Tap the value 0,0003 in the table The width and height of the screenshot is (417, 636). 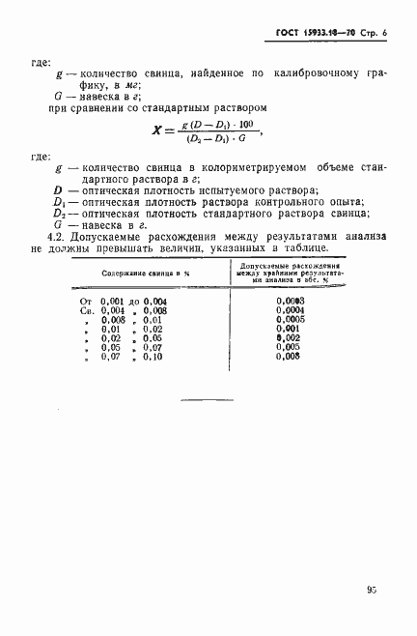click(x=290, y=302)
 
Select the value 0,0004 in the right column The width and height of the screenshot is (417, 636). click(x=290, y=311)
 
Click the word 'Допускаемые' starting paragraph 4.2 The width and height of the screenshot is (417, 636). click(x=108, y=237)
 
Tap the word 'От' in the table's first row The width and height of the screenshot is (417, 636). click(x=84, y=302)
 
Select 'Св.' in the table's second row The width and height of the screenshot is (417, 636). click(x=84, y=311)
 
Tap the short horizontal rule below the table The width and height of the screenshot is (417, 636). click(x=209, y=399)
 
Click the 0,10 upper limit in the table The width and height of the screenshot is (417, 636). click(x=152, y=358)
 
